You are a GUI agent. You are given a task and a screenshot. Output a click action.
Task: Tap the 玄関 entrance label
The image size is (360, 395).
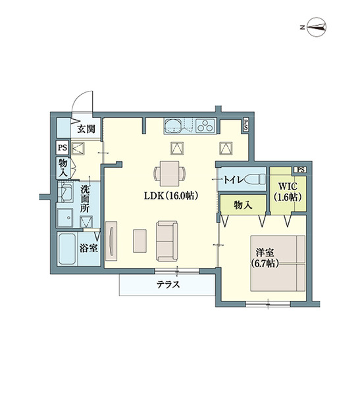(x=85, y=129)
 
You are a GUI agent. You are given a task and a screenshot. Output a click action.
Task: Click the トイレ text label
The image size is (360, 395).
(x=235, y=179)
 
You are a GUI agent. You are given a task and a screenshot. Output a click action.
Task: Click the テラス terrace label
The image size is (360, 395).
(x=168, y=284)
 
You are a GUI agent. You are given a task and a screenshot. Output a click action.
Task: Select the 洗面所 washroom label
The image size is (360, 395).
(x=86, y=198)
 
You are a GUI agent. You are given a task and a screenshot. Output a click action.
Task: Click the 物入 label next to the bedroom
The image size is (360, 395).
(x=243, y=205)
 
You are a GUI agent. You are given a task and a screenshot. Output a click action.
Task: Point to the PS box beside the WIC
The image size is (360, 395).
(x=299, y=170)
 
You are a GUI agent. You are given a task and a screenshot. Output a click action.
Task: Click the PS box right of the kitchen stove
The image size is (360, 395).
(x=245, y=124)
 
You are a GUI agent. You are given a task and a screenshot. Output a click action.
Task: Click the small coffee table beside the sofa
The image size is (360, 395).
(x=140, y=240)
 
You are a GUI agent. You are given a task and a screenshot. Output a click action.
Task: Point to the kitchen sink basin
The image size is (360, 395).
(x=175, y=126)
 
